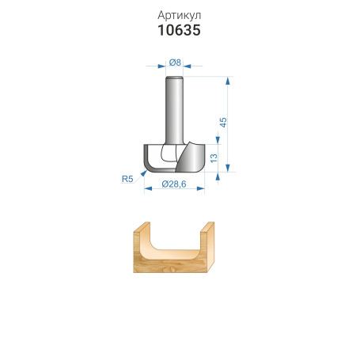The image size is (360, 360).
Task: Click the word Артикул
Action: tap(179, 16)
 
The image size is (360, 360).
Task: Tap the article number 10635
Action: tap(179, 30)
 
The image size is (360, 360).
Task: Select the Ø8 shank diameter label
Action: tap(175, 63)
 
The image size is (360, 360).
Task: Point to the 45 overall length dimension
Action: tap(223, 123)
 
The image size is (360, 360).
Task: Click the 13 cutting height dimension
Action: tap(214, 158)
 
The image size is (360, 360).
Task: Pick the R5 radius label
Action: tap(127, 179)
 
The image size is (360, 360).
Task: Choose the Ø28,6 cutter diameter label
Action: tap(174, 184)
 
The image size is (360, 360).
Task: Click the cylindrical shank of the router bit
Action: tap(174, 110)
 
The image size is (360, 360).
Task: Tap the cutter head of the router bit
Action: tap(174, 158)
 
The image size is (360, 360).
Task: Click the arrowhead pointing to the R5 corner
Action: tap(144, 173)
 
